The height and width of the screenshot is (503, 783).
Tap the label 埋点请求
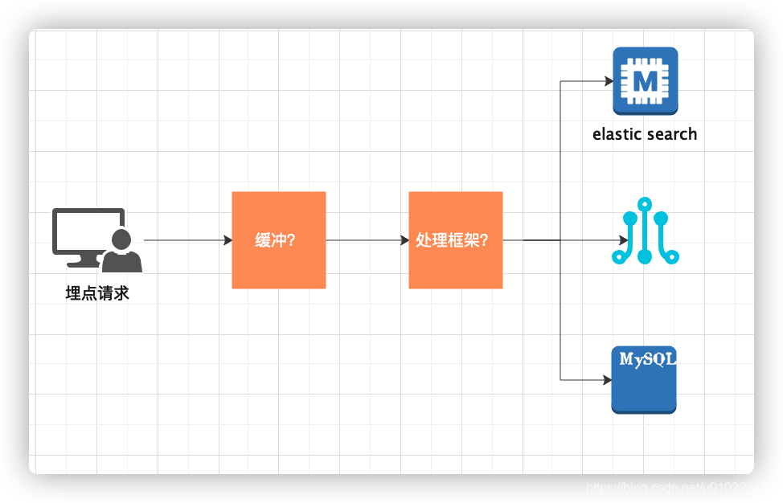[x=97, y=293]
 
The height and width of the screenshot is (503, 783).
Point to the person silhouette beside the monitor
[x=122, y=251]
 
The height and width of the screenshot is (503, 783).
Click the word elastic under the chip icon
[x=617, y=134]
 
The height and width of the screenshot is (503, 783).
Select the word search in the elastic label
[x=672, y=134]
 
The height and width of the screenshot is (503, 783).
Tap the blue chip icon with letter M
[x=645, y=81]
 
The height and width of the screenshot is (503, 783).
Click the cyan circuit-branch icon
[x=645, y=231]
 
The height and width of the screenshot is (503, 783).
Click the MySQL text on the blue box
[x=647, y=360]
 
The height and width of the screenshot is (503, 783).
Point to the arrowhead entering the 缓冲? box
[x=228, y=240]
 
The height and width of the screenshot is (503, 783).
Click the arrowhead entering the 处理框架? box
[x=404, y=240]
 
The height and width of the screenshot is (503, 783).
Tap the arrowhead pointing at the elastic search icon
[x=609, y=81]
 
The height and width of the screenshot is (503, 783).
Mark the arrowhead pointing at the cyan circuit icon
[x=624, y=240]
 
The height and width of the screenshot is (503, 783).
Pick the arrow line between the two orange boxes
[x=366, y=240]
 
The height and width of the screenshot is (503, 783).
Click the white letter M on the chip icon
[x=645, y=81]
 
